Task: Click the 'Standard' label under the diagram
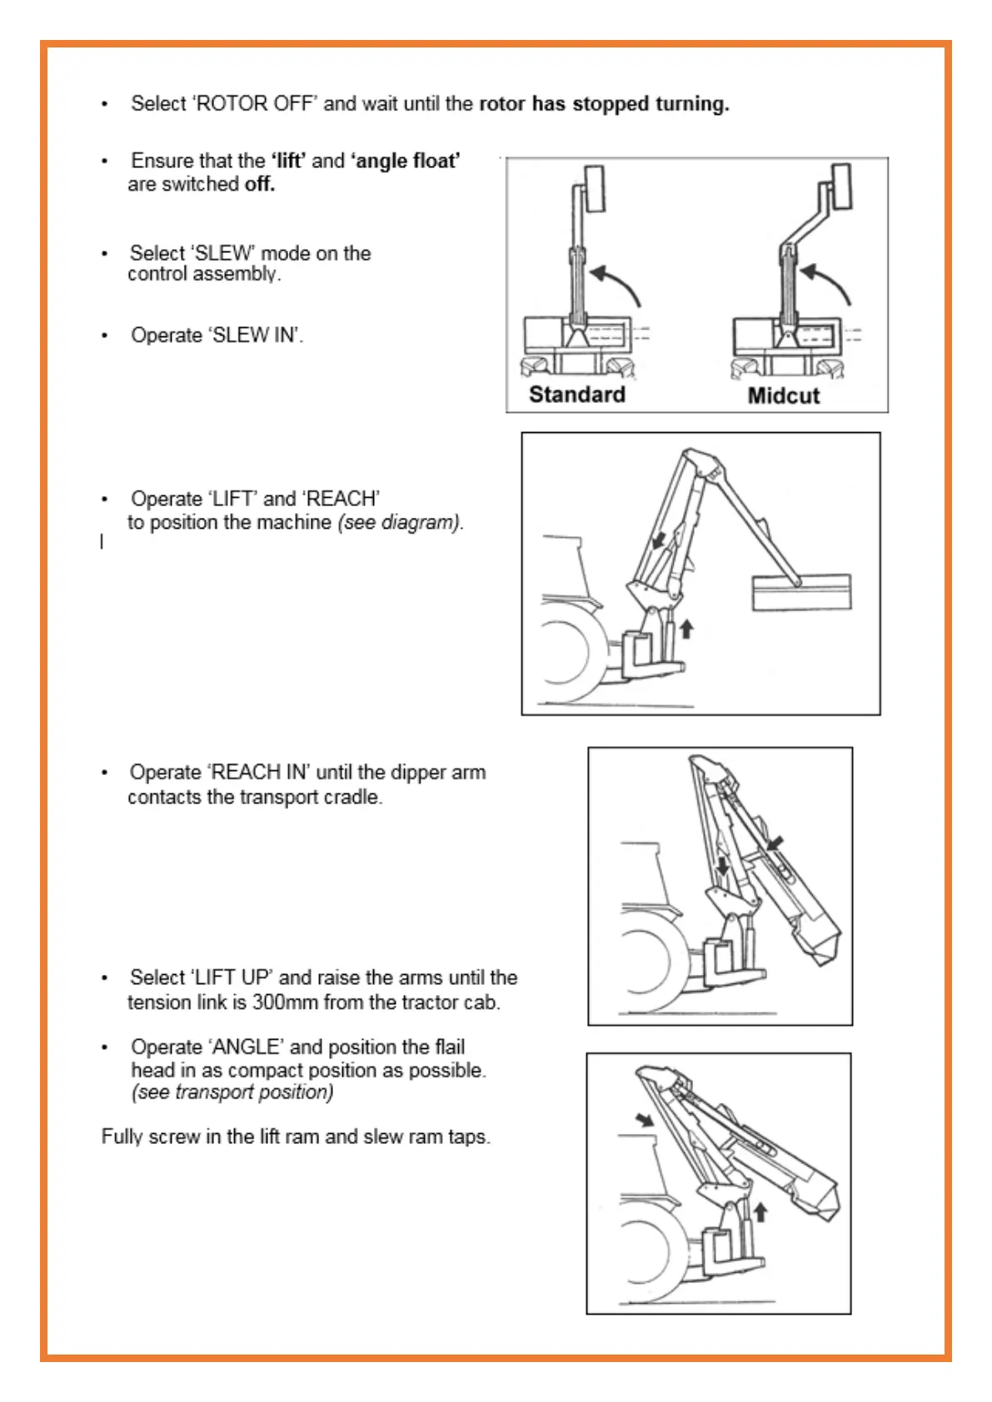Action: click(576, 394)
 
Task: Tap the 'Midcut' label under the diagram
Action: click(783, 395)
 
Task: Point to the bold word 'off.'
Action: click(259, 183)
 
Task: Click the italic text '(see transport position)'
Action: click(232, 1091)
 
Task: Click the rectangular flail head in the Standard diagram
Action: click(594, 188)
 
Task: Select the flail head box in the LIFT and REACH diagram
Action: click(801, 592)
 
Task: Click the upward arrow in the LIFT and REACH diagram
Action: click(686, 628)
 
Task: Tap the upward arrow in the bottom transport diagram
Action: click(760, 1211)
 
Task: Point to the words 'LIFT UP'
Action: click(231, 977)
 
